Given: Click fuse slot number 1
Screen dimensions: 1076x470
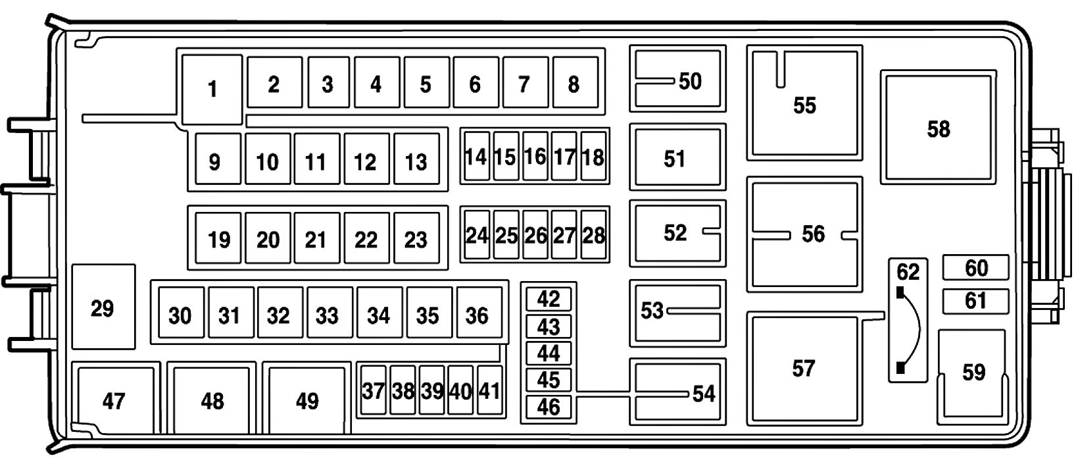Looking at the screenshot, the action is point(212,89).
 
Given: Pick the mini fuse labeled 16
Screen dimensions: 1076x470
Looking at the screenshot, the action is point(535,156).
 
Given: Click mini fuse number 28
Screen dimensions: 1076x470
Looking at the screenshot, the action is point(593,234).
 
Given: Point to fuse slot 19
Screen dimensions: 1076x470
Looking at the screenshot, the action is point(218,239).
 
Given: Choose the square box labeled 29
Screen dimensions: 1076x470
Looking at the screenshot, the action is point(103,307).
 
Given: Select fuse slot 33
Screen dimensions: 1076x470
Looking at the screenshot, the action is point(328,315).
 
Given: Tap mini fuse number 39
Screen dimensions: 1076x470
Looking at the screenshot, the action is point(431,390).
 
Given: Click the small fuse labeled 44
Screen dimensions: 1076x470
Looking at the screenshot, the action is point(549,353).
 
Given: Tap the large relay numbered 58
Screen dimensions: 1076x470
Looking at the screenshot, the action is point(938,128).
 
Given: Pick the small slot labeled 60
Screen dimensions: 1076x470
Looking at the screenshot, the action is point(975,268).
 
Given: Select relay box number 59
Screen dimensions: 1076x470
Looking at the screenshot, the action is point(973,373).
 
